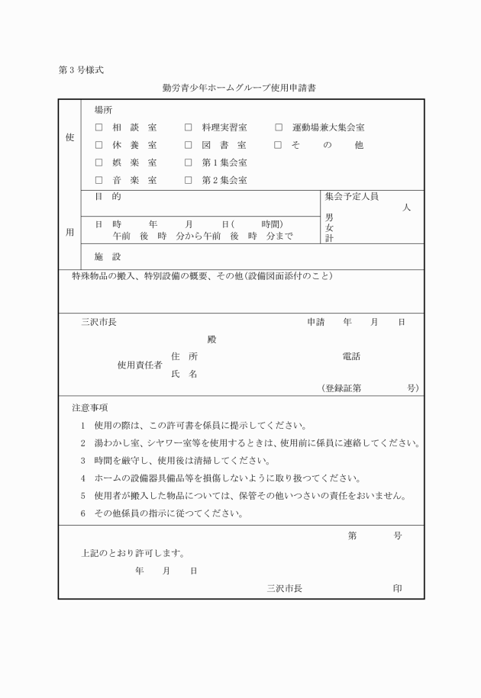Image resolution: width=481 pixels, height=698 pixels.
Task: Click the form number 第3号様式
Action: click(x=81, y=70)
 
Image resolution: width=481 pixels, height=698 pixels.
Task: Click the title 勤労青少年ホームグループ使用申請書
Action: click(x=240, y=88)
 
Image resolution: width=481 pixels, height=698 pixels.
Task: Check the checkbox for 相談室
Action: click(x=98, y=127)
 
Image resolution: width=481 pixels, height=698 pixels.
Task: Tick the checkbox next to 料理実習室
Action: click(x=188, y=127)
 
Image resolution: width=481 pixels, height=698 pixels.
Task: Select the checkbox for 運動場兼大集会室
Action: click(x=279, y=127)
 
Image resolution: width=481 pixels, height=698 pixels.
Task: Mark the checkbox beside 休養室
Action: click(x=98, y=145)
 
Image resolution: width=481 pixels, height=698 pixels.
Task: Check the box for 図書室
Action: click(x=188, y=145)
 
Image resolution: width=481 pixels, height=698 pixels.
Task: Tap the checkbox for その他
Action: click(x=279, y=145)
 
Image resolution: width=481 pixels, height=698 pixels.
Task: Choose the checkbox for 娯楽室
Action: click(x=98, y=162)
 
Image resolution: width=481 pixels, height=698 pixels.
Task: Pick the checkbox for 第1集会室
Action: click(x=188, y=162)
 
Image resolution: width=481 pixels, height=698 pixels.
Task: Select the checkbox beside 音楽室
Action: click(x=98, y=181)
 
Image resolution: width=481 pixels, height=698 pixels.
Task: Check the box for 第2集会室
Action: click(x=188, y=181)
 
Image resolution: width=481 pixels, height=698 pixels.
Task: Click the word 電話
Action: click(x=351, y=356)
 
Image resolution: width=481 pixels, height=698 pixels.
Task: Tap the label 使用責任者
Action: click(x=139, y=365)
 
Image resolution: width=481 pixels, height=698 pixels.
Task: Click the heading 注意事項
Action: click(x=89, y=408)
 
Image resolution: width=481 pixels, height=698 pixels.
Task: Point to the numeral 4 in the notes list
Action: click(x=82, y=478)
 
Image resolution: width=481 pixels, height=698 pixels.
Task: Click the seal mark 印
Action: click(x=397, y=588)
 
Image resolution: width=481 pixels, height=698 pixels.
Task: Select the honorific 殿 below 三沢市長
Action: click(x=211, y=339)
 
